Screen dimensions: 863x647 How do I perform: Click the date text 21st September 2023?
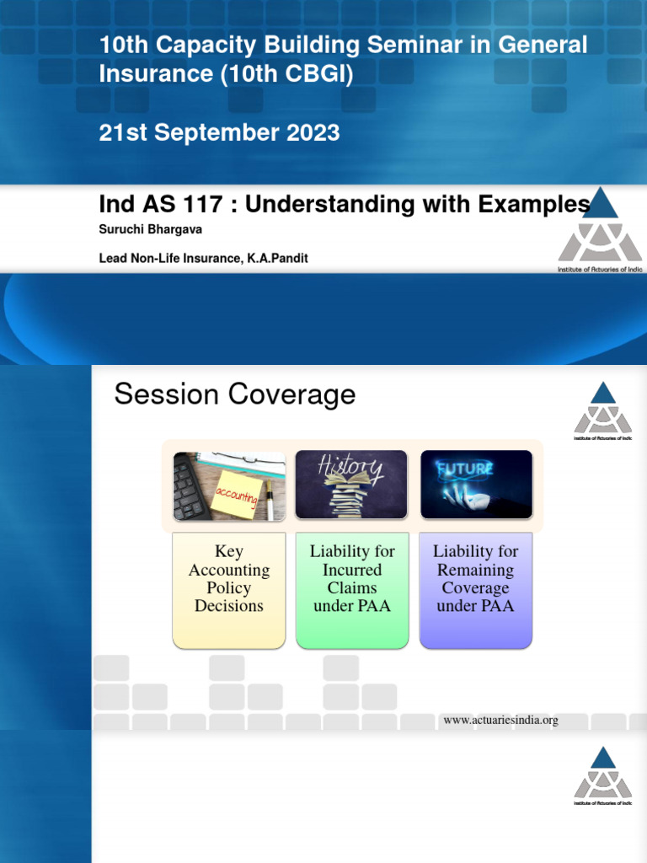pos(219,133)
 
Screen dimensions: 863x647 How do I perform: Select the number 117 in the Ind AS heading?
pos(202,205)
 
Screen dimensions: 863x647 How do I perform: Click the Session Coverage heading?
pos(234,394)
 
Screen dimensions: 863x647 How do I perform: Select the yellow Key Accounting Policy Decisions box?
pos(228,589)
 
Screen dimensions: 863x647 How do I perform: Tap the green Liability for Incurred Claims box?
pos(352,589)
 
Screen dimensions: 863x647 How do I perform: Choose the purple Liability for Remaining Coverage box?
pos(475,589)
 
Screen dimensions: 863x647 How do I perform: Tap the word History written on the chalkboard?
pos(351,468)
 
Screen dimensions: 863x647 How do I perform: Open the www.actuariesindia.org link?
pos(500,721)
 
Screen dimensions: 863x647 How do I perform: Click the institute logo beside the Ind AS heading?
pos(600,229)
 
